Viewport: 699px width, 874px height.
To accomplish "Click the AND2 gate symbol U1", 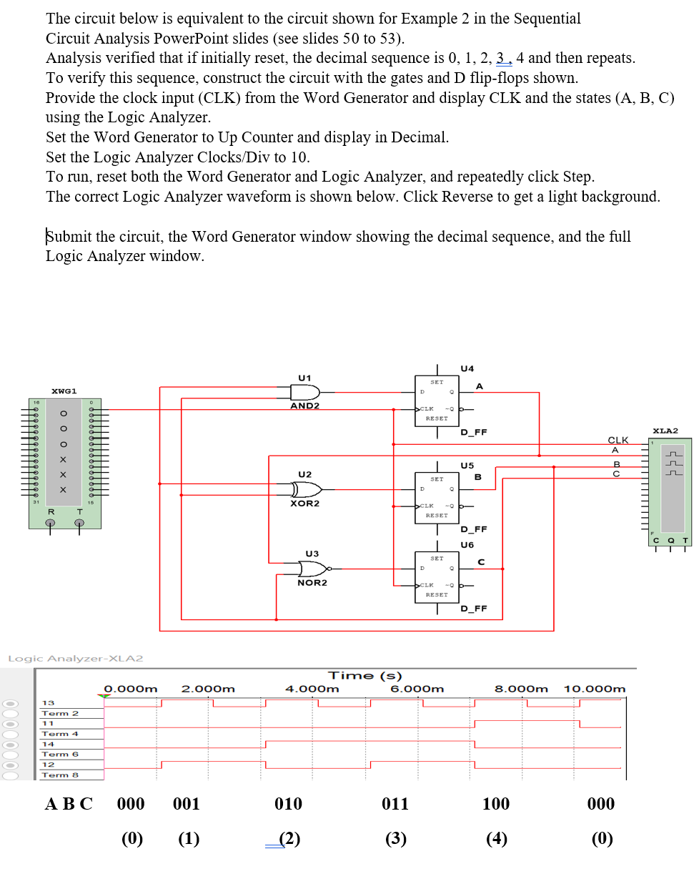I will [304, 392].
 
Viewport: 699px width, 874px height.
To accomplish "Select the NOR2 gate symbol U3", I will [312, 569].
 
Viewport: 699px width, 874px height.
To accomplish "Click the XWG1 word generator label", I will [65, 391].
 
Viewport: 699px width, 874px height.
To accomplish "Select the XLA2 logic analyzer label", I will [665, 431].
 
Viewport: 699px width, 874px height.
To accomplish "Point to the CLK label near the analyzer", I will [618, 440].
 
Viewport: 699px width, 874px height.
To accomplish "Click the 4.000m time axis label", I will [312, 689].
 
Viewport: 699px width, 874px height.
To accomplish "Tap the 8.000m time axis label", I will [522, 689].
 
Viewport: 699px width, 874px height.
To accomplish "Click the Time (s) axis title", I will [365, 675].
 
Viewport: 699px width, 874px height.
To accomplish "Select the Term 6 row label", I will [60, 755].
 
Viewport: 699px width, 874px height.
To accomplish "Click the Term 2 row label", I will [60, 713].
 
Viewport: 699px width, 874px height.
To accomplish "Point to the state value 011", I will [395, 804].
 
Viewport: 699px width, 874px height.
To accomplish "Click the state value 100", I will [496, 804].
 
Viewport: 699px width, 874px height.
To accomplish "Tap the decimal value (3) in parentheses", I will [395, 838].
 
